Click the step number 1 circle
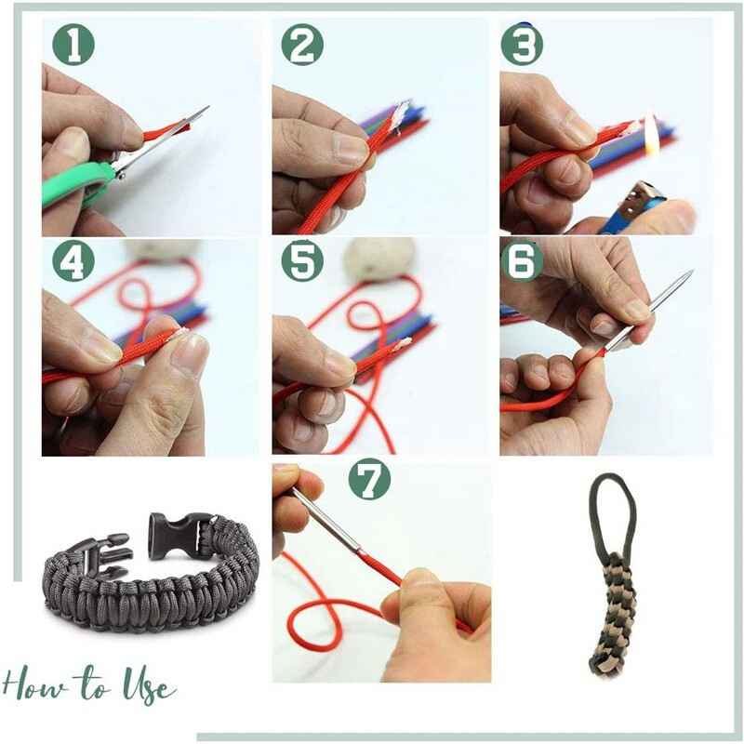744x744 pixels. (x=72, y=44)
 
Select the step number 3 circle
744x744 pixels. (x=523, y=44)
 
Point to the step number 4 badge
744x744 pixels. (x=72, y=263)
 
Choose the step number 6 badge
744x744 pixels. (x=523, y=263)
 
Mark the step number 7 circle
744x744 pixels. (x=369, y=480)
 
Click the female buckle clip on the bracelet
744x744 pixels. (x=178, y=534)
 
